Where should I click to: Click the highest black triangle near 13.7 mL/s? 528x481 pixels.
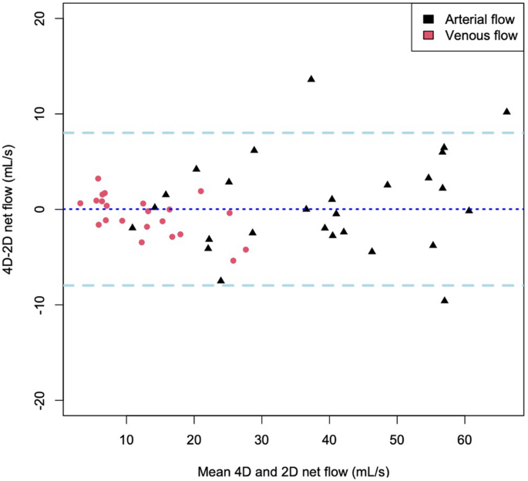pyautogui.click(x=311, y=79)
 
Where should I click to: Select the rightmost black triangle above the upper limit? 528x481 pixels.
pyautogui.click(x=506, y=111)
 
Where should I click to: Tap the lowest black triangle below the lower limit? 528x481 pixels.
pyautogui.click(x=445, y=300)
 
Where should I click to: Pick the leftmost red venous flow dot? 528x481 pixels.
pyautogui.click(x=80, y=203)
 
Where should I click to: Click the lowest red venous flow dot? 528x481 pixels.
pyautogui.click(x=234, y=261)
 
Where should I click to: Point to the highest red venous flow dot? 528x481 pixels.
pyautogui.click(x=98, y=179)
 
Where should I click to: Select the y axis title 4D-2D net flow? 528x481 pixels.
pyautogui.click(x=11, y=209)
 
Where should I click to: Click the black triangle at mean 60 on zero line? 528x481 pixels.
pyautogui.click(x=469, y=210)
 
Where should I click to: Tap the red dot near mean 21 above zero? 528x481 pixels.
pyautogui.click(x=200, y=191)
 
